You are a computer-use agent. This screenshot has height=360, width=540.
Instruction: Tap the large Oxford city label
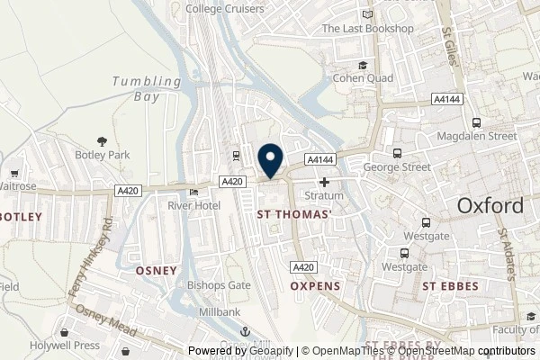[x=490, y=205]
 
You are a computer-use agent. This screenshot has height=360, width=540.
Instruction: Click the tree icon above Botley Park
[x=103, y=140]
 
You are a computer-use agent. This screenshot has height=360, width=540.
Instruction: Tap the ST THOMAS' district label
[x=294, y=214]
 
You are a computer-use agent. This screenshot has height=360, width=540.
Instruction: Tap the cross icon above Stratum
[x=324, y=181]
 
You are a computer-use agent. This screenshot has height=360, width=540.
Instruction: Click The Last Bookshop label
[x=367, y=29]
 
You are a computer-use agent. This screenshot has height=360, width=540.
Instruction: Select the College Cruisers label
[x=225, y=9]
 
